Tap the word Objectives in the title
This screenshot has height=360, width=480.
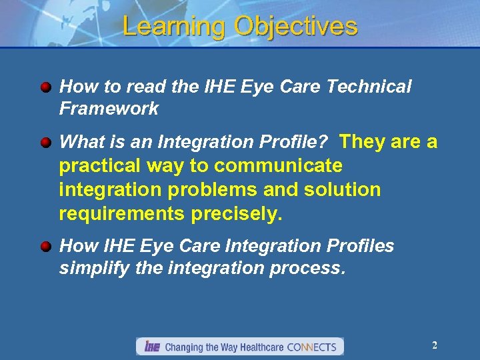click(295, 27)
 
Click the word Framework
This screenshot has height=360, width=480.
click(109, 109)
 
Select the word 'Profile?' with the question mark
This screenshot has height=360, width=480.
click(298, 142)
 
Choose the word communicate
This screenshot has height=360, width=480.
click(279, 165)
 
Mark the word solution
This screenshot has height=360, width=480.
click(342, 190)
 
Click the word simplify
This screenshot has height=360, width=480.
click(91, 268)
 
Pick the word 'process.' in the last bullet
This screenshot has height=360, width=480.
click(311, 268)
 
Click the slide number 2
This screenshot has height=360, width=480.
click(435, 345)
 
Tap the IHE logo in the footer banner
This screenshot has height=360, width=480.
click(152, 347)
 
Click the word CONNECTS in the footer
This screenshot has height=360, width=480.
click(313, 347)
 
